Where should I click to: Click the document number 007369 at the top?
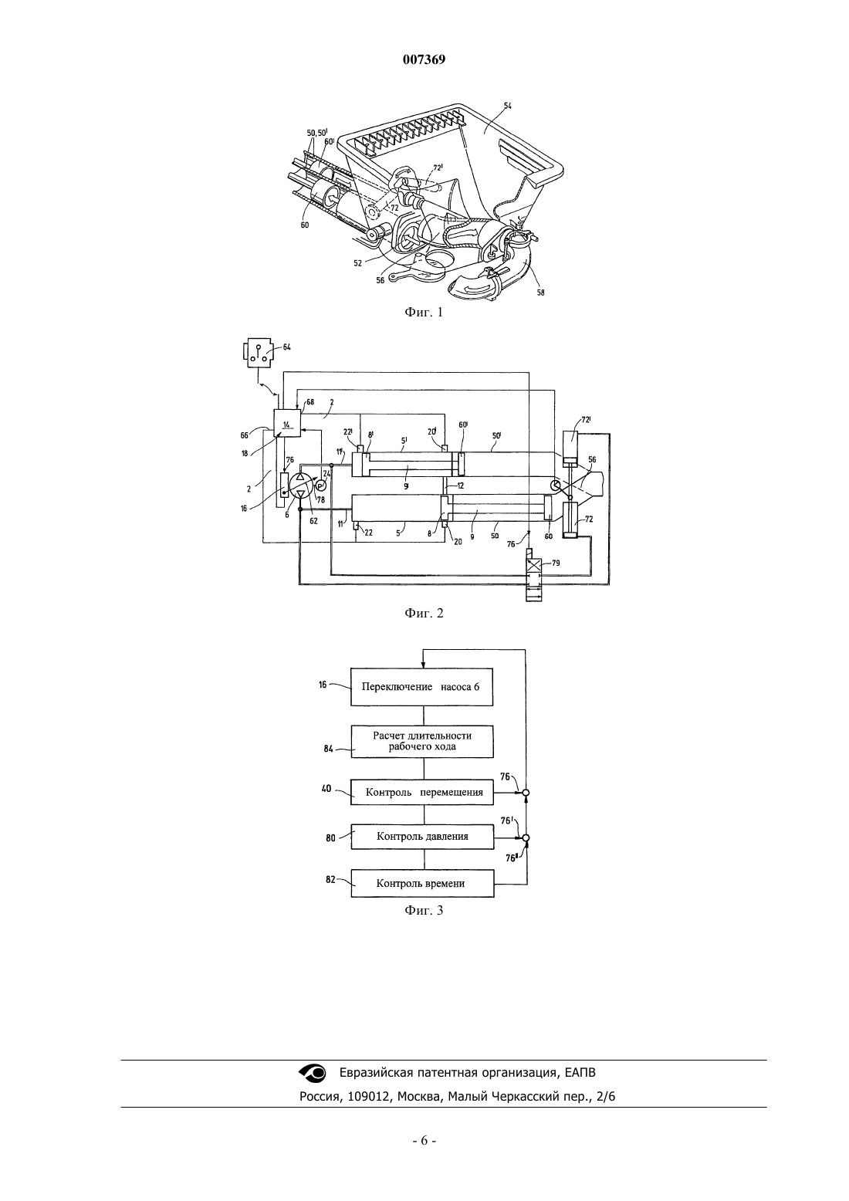424,59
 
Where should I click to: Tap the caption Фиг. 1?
424,312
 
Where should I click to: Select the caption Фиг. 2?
424,613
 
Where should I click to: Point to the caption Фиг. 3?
424,910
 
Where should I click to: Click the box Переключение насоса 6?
422,687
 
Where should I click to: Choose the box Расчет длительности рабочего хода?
422,742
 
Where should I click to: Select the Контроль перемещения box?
422,792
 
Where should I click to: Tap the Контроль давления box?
422,837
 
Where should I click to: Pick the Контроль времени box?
422,883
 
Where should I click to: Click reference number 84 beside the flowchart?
329,749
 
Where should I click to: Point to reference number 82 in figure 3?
330,879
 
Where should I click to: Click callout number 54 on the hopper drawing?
507,107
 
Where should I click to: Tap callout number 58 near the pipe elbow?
540,293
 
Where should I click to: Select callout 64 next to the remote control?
286,347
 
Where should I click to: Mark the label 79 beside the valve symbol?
556,563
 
